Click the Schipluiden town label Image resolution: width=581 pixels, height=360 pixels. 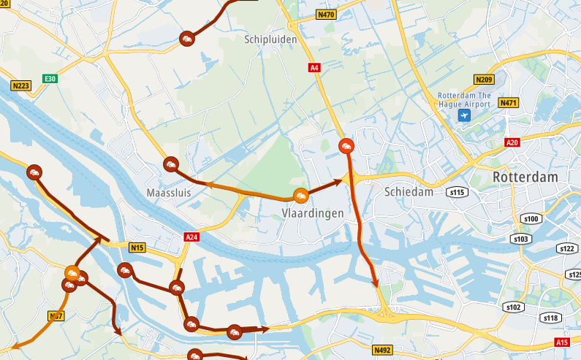pyautogui.click(x=271, y=39)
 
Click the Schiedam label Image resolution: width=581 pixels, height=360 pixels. pyautogui.click(x=408, y=192)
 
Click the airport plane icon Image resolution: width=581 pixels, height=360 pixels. pyautogui.click(x=463, y=115)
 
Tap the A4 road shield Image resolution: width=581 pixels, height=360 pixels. pyautogui.click(x=314, y=68)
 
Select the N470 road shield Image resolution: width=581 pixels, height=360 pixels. pyautogui.click(x=326, y=15)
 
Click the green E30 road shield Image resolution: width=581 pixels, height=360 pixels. pyautogui.click(x=50, y=78)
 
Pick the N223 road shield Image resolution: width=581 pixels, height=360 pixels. pyautogui.click(x=20, y=86)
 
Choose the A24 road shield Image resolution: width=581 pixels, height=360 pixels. pyautogui.click(x=192, y=237)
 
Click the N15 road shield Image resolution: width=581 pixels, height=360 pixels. pyautogui.click(x=137, y=248)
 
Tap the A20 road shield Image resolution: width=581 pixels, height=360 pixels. pyautogui.click(x=512, y=142)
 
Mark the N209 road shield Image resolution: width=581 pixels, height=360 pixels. pyautogui.click(x=484, y=80)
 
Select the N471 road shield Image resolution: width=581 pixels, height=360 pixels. pyautogui.click(x=508, y=103)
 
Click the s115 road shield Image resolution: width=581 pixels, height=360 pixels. pyautogui.click(x=457, y=192)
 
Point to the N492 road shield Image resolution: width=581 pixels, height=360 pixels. pyautogui.click(x=382, y=350)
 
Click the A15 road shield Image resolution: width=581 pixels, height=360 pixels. pyautogui.click(x=561, y=342)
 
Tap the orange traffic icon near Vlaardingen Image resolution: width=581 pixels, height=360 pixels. pyautogui.click(x=300, y=196)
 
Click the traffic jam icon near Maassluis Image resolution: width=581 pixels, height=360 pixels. pyautogui.click(x=171, y=164)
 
